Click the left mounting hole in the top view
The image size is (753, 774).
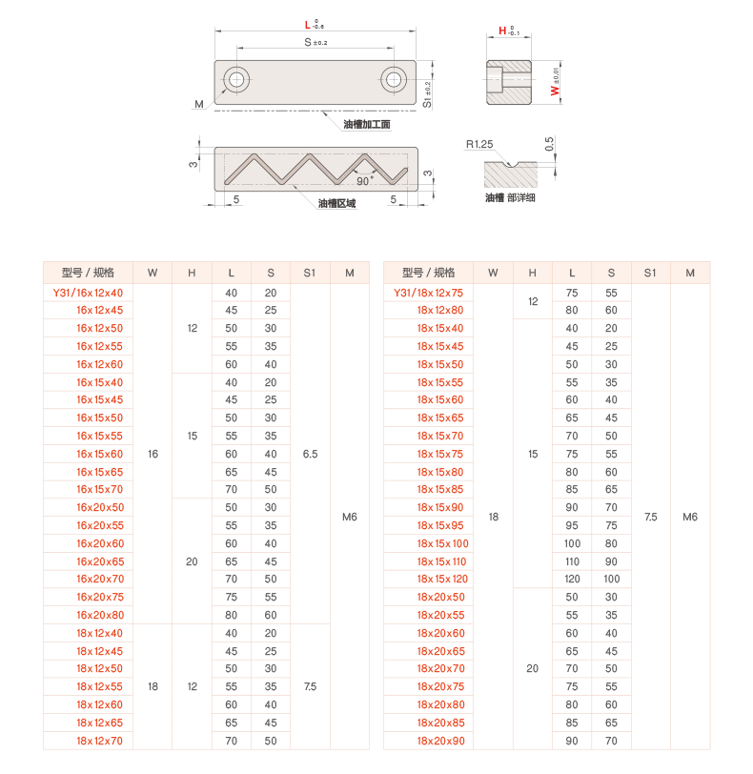coord(235,79)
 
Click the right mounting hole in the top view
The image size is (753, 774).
coord(392,79)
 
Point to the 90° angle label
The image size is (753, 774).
coord(364,180)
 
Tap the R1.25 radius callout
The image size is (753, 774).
coord(479,144)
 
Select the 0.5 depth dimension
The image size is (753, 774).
coord(549,144)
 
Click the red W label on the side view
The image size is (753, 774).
coord(553,89)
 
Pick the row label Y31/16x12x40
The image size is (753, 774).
coord(88,293)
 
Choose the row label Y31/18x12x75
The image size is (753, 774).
coord(428,293)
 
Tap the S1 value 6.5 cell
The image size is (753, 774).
coord(310,455)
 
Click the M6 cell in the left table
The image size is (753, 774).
coord(349,517)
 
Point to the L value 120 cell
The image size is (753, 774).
coord(572,580)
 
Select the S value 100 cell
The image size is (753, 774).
coord(611,580)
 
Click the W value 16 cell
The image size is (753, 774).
coord(153,455)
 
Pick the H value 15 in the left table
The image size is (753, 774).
coord(192,436)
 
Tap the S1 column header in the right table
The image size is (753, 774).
coord(650,273)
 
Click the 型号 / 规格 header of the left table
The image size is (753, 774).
coord(88,273)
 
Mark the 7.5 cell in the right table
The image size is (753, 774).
coord(650,517)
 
